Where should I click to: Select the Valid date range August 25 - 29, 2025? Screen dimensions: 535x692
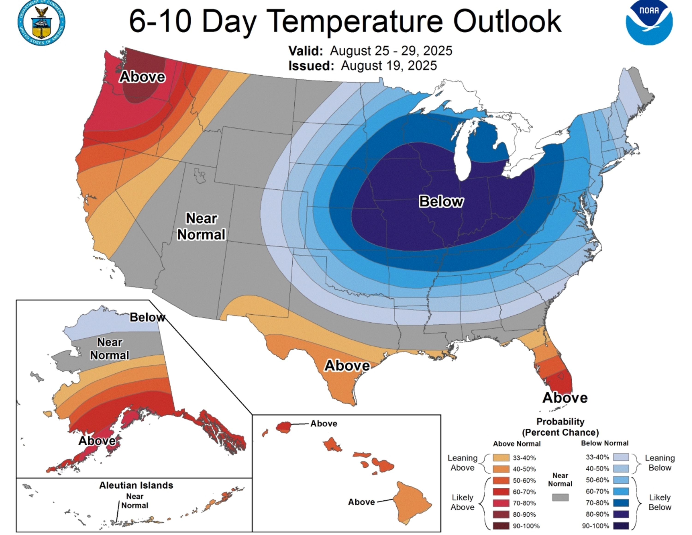[x=391, y=51]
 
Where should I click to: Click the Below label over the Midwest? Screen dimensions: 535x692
[x=441, y=201]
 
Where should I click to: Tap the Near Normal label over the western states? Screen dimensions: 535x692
[x=201, y=227]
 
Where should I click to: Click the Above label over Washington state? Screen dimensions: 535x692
[x=142, y=77]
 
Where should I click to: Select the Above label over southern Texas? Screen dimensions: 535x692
[x=347, y=366]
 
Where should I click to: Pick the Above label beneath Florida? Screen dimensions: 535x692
[x=565, y=398]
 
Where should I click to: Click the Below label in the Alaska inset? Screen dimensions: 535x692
[x=147, y=317]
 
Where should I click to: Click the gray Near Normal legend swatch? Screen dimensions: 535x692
[x=560, y=497]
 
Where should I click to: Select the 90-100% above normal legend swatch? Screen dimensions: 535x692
[x=501, y=526]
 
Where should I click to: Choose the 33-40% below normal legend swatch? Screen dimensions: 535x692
[x=621, y=457]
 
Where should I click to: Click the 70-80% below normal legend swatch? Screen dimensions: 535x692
[x=621, y=503]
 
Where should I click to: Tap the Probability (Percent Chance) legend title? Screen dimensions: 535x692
[x=560, y=427]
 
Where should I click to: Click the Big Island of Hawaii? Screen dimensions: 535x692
[x=412, y=502]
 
